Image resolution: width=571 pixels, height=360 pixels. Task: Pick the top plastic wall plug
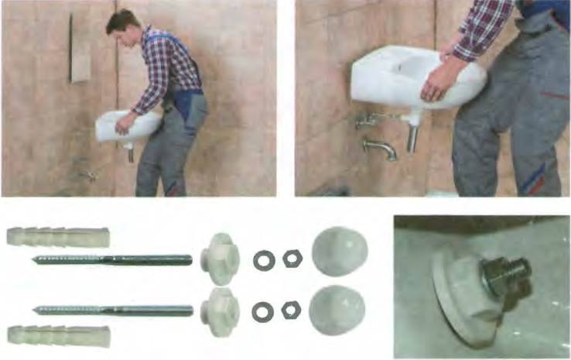[57, 234]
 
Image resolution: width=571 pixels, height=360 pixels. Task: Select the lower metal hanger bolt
[113, 310]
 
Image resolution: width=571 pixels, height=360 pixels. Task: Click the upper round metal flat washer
[264, 260]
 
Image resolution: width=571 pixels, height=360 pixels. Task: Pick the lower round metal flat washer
[263, 310]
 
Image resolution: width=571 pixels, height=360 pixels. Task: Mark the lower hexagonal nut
[292, 310]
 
